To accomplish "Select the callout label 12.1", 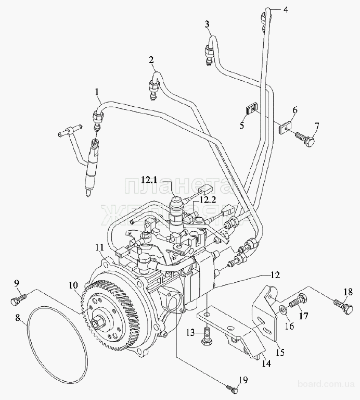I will pos(148,180).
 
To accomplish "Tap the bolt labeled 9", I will pos(17,300).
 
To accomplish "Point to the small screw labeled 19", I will pos(232,387).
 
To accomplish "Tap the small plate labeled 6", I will pos(285,127).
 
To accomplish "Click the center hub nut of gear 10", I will pos(99,319).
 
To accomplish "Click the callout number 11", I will pos(99,247).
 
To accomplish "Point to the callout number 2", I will pos(151,60).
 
